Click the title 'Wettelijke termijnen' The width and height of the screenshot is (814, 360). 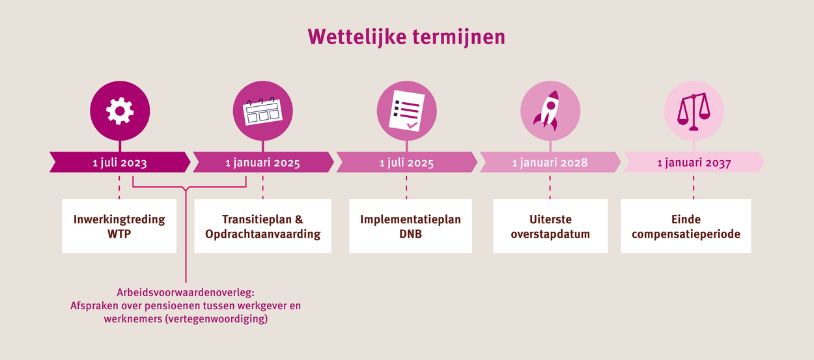tap(406, 37)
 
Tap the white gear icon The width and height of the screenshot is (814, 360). tap(120, 111)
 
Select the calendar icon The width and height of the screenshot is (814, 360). tap(262, 111)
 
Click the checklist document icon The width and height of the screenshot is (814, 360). tap(406, 111)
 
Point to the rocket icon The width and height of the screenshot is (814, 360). tap(548, 111)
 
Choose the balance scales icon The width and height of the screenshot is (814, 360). tap(694, 111)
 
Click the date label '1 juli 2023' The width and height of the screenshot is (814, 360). tap(120, 162)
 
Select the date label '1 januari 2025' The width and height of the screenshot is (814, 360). tap(262, 162)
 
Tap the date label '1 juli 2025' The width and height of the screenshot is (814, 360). tap(406, 162)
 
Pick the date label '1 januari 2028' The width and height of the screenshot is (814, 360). tap(550, 162)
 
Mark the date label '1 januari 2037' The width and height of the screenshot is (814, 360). tap(694, 162)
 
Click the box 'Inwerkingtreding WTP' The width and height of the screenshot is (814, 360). tap(119, 226)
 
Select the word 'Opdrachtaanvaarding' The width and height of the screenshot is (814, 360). tap(262, 234)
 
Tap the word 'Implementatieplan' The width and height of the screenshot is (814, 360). tap(411, 220)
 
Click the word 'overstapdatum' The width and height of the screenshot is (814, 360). tap(550, 234)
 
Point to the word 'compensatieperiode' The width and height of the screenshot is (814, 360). tap(686, 234)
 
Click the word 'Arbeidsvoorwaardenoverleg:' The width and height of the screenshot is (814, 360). tap(186, 292)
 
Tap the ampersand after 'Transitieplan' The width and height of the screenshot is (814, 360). tap(299, 219)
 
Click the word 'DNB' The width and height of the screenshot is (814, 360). tap(411, 234)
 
